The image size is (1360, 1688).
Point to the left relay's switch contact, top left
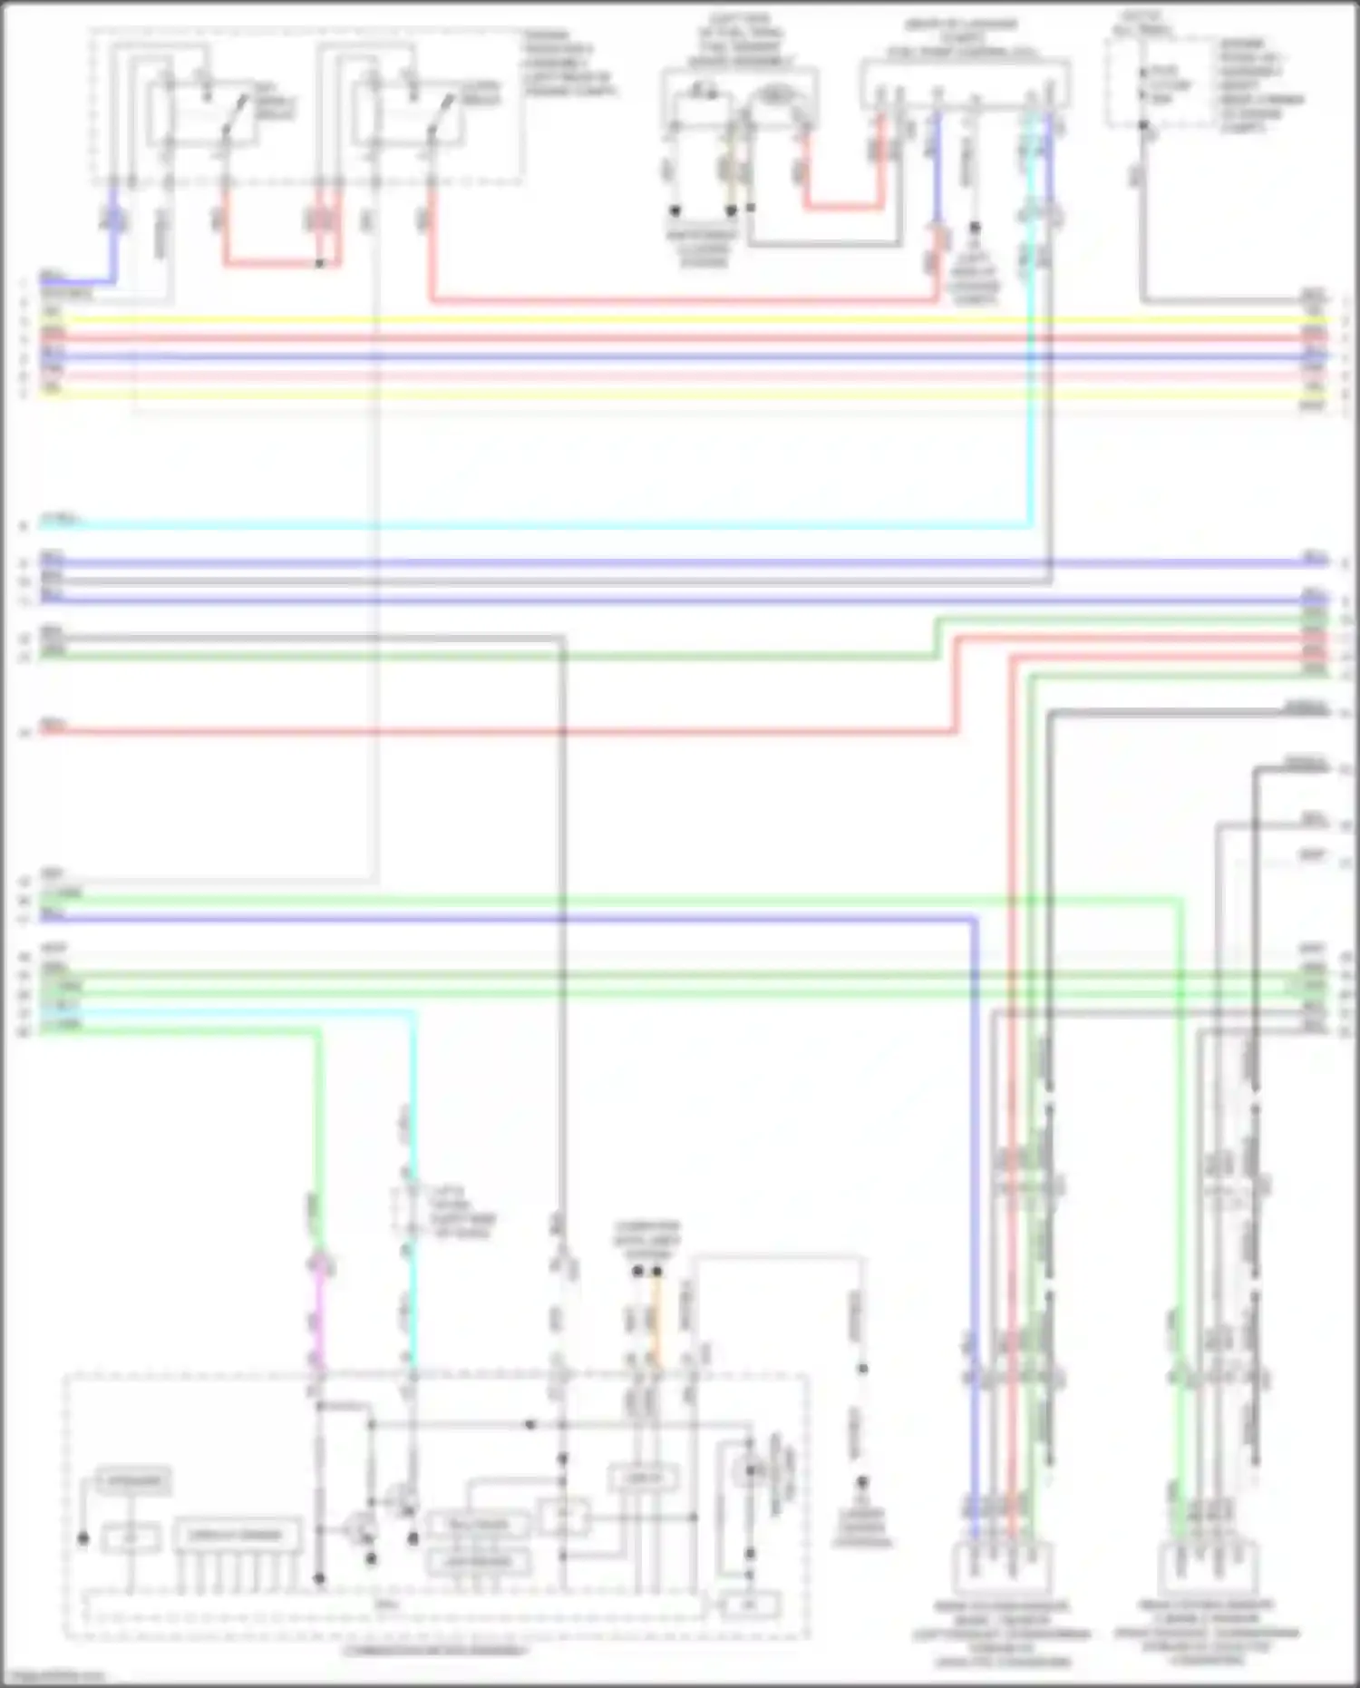238,113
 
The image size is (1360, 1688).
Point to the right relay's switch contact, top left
442,113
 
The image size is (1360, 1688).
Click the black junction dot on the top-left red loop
319,264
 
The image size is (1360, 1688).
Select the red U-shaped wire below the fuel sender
843,207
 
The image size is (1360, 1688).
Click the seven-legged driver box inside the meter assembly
237,1536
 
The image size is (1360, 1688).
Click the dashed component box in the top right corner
1161,82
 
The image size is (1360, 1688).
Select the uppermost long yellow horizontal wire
680,320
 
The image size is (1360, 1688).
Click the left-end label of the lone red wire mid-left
53,726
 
